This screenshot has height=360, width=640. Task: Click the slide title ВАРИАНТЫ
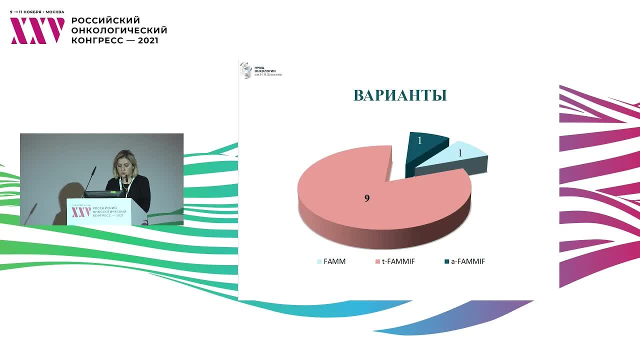pyautogui.click(x=399, y=95)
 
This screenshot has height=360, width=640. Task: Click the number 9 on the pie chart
pyautogui.click(x=367, y=198)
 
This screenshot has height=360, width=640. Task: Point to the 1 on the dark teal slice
pyautogui.click(x=420, y=141)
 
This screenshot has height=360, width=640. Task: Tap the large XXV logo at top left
pyautogui.click(x=37, y=30)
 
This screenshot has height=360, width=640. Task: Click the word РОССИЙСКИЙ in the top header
pyautogui.click(x=105, y=20)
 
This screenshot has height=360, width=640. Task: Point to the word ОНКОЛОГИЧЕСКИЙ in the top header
pyautogui.click(x=119, y=30)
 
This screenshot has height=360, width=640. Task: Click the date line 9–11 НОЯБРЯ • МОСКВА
pyautogui.click(x=37, y=11)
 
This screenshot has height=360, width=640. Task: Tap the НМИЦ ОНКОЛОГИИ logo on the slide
pyautogui.click(x=260, y=69)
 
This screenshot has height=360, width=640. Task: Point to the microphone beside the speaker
pyautogui.click(x=90, y=178)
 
